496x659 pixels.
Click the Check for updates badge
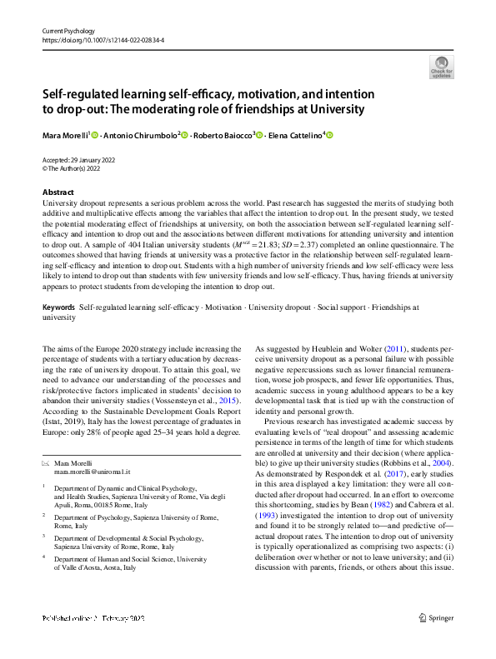[441, 67]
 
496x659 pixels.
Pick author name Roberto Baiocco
[223, 135]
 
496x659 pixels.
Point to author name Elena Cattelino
[300, 135]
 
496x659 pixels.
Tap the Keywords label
[58, 307]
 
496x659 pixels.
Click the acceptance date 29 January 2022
[98, 159]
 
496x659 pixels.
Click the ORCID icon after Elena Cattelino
[328, 136]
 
